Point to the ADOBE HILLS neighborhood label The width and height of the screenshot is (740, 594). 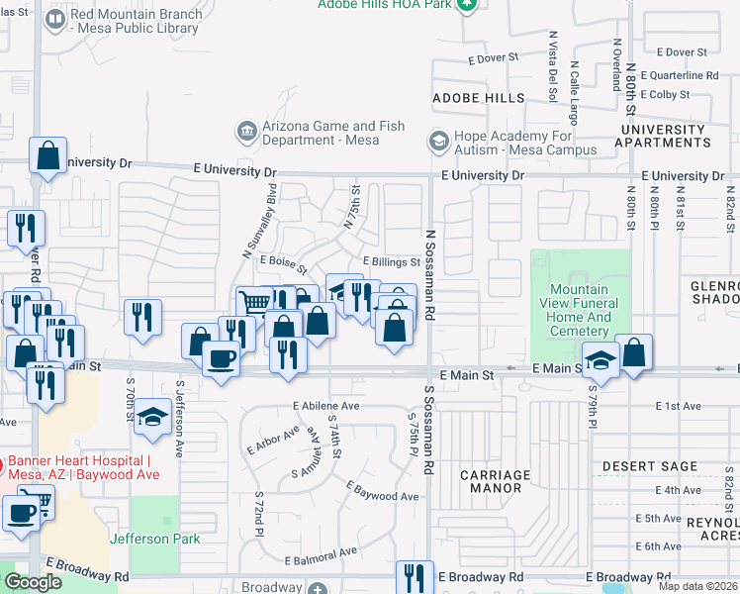tap(479, 99)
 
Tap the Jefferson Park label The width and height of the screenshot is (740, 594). tap(154, 539)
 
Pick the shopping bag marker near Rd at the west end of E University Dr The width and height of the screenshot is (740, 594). tap(47, 155)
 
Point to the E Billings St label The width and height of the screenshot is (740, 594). tap(391, 261)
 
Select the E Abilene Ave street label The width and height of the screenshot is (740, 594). tap(325, 406)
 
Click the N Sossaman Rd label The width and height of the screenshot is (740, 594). tap(430, 275)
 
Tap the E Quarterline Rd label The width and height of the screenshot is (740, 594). tap(680, 75)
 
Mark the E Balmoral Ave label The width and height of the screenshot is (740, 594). tap(319, 552)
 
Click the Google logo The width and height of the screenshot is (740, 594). tap(33, 582)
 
